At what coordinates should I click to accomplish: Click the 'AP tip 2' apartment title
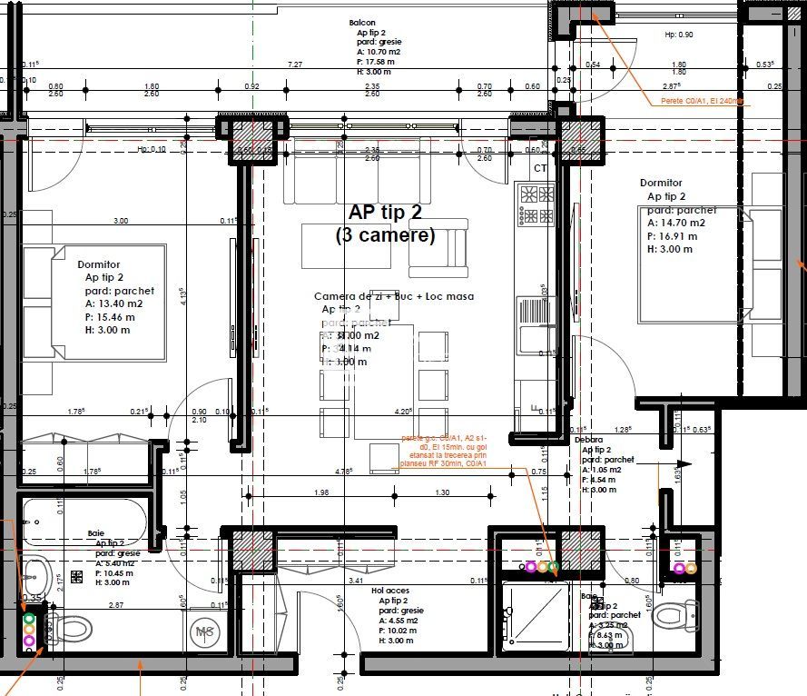(385, 212)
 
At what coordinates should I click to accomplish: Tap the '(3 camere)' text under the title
(385, 235)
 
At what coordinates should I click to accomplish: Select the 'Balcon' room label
(362, 23)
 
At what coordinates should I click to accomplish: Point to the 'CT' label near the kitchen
(540, 168)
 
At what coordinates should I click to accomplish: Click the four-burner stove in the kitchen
(536, 204)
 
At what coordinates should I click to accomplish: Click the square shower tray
(536, 616)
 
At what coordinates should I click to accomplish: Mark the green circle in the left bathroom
(29, 618)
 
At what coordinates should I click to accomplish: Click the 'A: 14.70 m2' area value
(676, 223)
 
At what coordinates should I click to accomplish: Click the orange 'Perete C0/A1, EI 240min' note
(702, 101)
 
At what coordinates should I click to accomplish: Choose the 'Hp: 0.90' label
(679, 35)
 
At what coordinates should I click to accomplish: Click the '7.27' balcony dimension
(295, 65)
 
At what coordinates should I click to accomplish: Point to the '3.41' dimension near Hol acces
(357, 580)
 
